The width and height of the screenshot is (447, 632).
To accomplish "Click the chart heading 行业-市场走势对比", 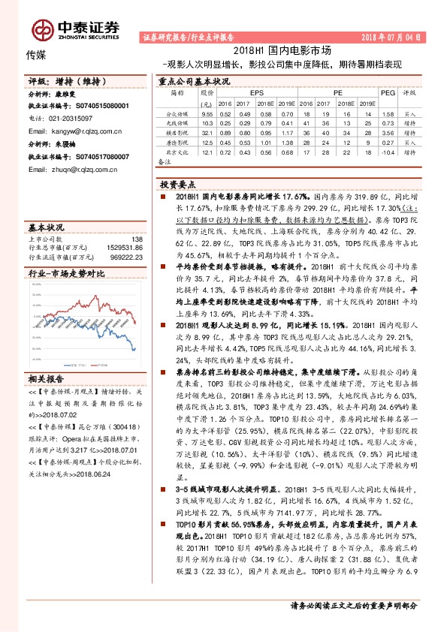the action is pos(61,275).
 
